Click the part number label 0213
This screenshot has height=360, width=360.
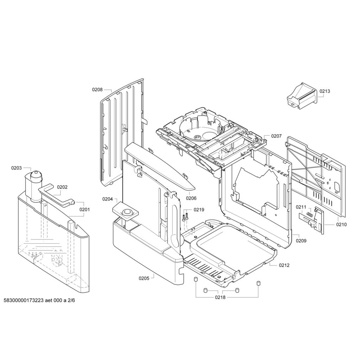tap(325, 91)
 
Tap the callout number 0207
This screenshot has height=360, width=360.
tap(276, 136)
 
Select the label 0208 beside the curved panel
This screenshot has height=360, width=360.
tap(97, 90)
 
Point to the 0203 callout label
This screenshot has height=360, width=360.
tap(17, 168)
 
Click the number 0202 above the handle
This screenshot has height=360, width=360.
tap(62, 187)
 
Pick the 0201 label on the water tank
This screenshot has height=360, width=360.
tap(85, 210)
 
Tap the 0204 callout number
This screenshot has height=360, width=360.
tap(108, 199)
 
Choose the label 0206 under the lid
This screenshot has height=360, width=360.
tap(191, 198)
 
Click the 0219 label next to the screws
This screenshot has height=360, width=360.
tap(199, 210)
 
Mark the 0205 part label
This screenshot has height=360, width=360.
tap(144, 278)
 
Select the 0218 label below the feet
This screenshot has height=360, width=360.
tap(220, 297)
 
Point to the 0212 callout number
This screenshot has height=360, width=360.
tap(284, 265)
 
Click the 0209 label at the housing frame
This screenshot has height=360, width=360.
tap(301, 241)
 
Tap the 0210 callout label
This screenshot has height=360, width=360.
tap(341, 225)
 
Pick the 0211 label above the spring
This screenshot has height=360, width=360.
tap(301, 207)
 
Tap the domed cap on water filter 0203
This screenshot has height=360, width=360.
tap(36, 175)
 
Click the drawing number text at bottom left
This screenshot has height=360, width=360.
tap(39, 307)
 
